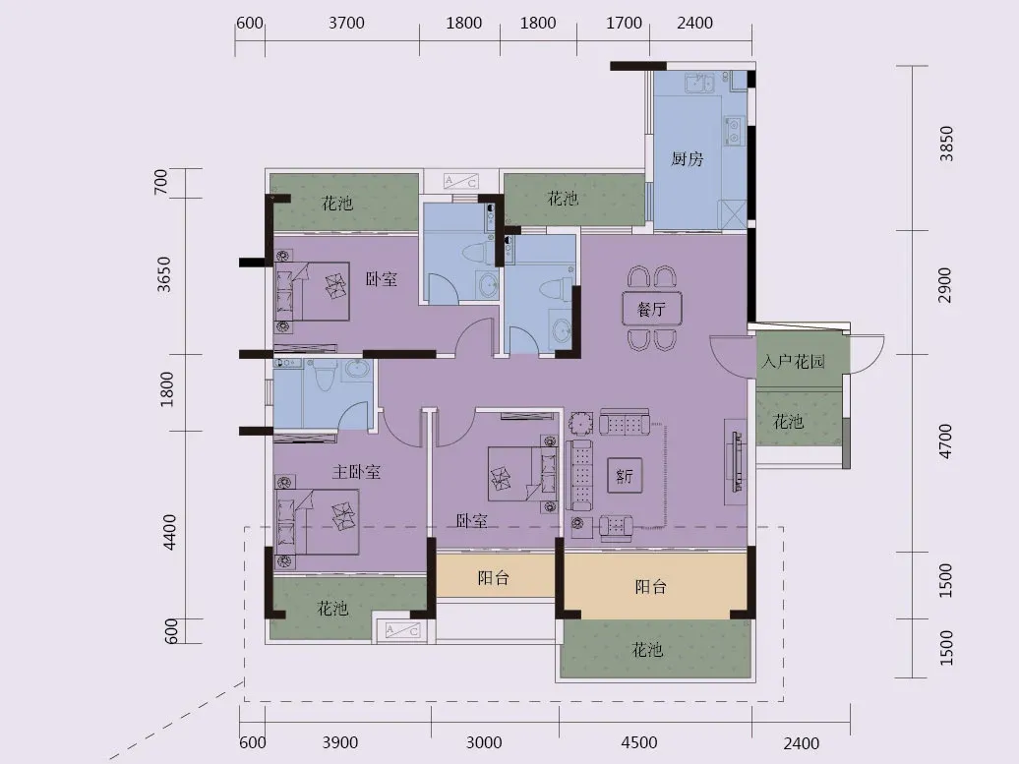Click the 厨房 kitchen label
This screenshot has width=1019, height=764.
[x=687, y=158]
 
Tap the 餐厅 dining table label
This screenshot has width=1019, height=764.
[x=651, y=309]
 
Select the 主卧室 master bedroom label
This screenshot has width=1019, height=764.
[x=356, y=471]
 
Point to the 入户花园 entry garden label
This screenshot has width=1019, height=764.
[x=793, y=361]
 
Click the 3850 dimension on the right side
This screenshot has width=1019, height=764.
[x=946, y=143]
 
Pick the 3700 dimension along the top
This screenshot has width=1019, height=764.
[x=346, y=23]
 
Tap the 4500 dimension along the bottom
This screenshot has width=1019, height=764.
[x=638, y=742]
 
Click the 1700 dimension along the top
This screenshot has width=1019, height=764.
[x=624, y=23]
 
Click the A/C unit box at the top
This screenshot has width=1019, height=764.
[x=460, y=181]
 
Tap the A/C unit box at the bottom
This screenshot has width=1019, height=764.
[x=403, y=629]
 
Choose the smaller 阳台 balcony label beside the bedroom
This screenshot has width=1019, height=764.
[x=493, y=577]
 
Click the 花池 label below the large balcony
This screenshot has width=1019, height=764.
[x=647, y=649]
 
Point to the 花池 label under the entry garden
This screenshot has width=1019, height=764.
[x=788, y=422]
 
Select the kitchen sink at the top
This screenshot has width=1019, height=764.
[x=699, y=83]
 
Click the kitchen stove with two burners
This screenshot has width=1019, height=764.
[x=734, y=131]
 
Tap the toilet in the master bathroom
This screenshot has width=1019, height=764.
[x=323, y=375]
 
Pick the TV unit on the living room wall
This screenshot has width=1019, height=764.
[x=738, y=460]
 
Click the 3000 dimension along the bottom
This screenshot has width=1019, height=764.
[x=484, y=742]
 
